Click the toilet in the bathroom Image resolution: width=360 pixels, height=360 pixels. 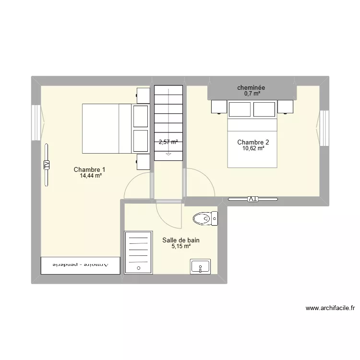(205, 219)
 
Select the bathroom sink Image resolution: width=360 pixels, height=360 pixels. (200, 266)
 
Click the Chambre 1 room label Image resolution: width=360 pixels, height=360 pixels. (89, 169)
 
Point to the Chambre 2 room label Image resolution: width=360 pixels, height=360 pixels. (253, 142)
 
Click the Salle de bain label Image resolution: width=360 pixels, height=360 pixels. (180, 240)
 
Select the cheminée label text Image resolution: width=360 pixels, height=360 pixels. (252, 88)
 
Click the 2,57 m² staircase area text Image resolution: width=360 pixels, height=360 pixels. (168, 142)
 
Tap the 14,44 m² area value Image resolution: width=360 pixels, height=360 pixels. (91, 176)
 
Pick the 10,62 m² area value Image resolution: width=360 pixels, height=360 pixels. (253, 148)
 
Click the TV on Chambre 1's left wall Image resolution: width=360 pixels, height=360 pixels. (47, 165)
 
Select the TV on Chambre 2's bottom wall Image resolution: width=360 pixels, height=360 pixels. (253, 199)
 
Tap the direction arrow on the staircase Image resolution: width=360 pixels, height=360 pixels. (168, 153)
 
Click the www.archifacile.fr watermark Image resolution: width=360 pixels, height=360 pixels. (329, 308)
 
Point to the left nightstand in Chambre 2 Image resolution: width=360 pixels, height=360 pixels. (218, 107)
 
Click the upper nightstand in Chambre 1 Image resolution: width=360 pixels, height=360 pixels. (144, 95)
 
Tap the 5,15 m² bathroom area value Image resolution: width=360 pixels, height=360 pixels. (181, 246)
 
